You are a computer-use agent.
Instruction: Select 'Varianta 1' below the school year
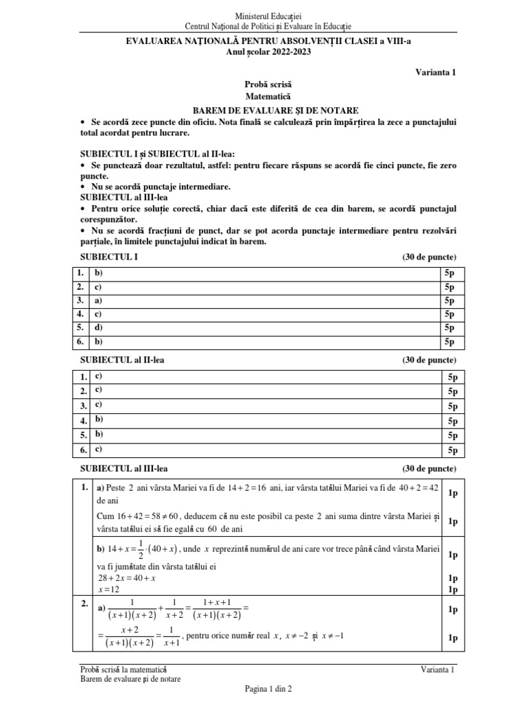pos(436,72)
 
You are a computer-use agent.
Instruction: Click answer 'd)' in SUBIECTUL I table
pos(99,327)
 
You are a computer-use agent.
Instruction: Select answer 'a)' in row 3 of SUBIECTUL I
pos(99,300)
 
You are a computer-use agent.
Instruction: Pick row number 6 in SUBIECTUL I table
pos(80,341)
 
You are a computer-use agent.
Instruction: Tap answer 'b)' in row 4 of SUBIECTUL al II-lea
pos(99,419)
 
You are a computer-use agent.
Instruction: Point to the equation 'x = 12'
pos(108,590)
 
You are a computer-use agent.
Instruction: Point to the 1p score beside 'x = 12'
pos(452,590)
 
